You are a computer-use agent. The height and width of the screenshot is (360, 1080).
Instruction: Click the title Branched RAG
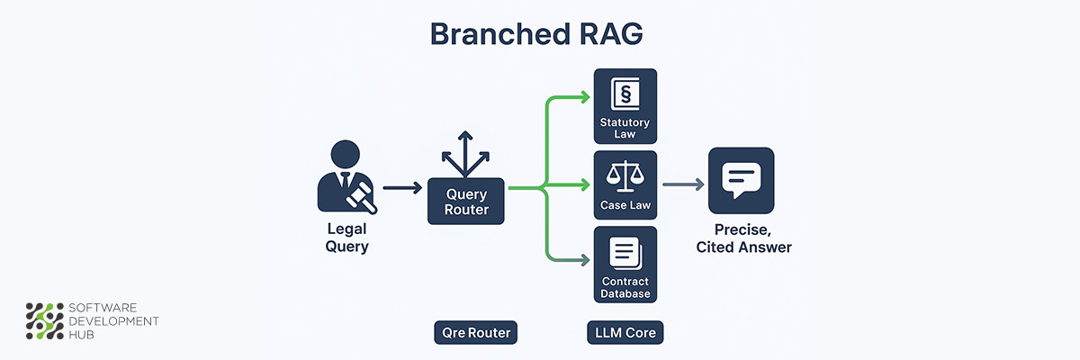point(536,32)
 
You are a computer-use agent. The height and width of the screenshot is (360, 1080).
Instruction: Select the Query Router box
point(465,202)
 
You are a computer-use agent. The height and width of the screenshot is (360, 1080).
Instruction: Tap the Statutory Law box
point(625,105)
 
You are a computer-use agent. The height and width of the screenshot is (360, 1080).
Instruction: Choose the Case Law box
point(625,185)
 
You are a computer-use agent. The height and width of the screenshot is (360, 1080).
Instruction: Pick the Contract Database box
point(625,265)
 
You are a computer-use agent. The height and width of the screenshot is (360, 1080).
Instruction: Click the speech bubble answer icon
point(741,180)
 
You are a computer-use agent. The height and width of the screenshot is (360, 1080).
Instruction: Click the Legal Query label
point(346,236)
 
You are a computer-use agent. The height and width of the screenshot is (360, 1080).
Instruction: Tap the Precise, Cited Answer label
point(743,238)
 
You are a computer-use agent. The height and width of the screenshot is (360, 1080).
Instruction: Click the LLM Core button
point(625,333)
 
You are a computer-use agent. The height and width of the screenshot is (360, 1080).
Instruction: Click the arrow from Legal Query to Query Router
point(401,188)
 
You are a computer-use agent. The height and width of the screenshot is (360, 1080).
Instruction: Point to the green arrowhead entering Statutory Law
point(585,95)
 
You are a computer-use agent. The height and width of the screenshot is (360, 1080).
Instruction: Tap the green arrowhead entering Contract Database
point(585,261)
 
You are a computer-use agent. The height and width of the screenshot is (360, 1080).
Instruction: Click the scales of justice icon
point(625,175)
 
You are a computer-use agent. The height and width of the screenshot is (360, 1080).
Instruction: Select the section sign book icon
point(625,94)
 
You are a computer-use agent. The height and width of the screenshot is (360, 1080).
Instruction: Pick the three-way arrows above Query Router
point(465,156)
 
